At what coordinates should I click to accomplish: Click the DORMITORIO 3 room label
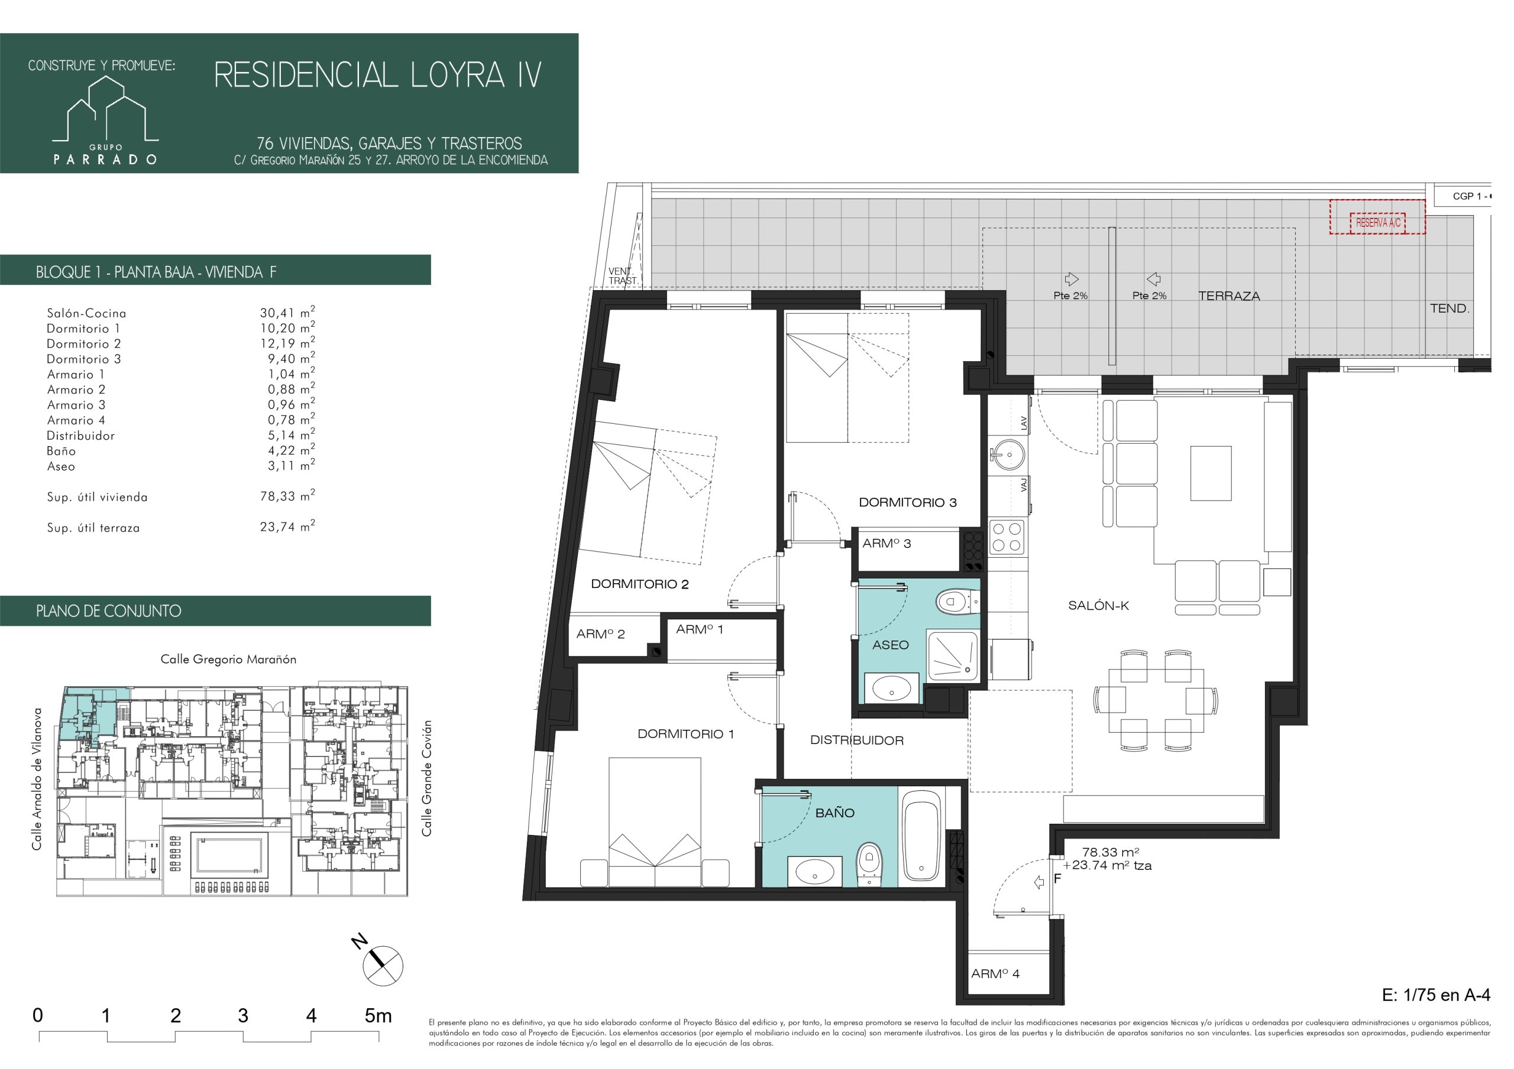point(907,503)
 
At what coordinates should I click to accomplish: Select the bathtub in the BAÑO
point(922,841)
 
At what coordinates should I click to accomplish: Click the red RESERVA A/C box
point(1377,217)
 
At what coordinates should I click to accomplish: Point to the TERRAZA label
point(1229,297)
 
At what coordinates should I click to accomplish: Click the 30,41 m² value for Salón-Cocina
point(287,313)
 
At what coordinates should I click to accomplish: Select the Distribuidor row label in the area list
point(80,436)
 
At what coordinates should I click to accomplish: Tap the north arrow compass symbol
point(379,963)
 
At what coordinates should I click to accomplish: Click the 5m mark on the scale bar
point(378,1016)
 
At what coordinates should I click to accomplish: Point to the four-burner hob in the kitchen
point(1007,537)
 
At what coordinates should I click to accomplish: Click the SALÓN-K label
point(1099,606)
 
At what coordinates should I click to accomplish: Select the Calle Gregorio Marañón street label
point(228,659)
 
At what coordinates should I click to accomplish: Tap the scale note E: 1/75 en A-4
point(1435,995)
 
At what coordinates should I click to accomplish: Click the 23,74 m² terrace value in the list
point(287,527)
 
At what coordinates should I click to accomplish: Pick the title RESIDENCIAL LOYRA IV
point(378,75)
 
